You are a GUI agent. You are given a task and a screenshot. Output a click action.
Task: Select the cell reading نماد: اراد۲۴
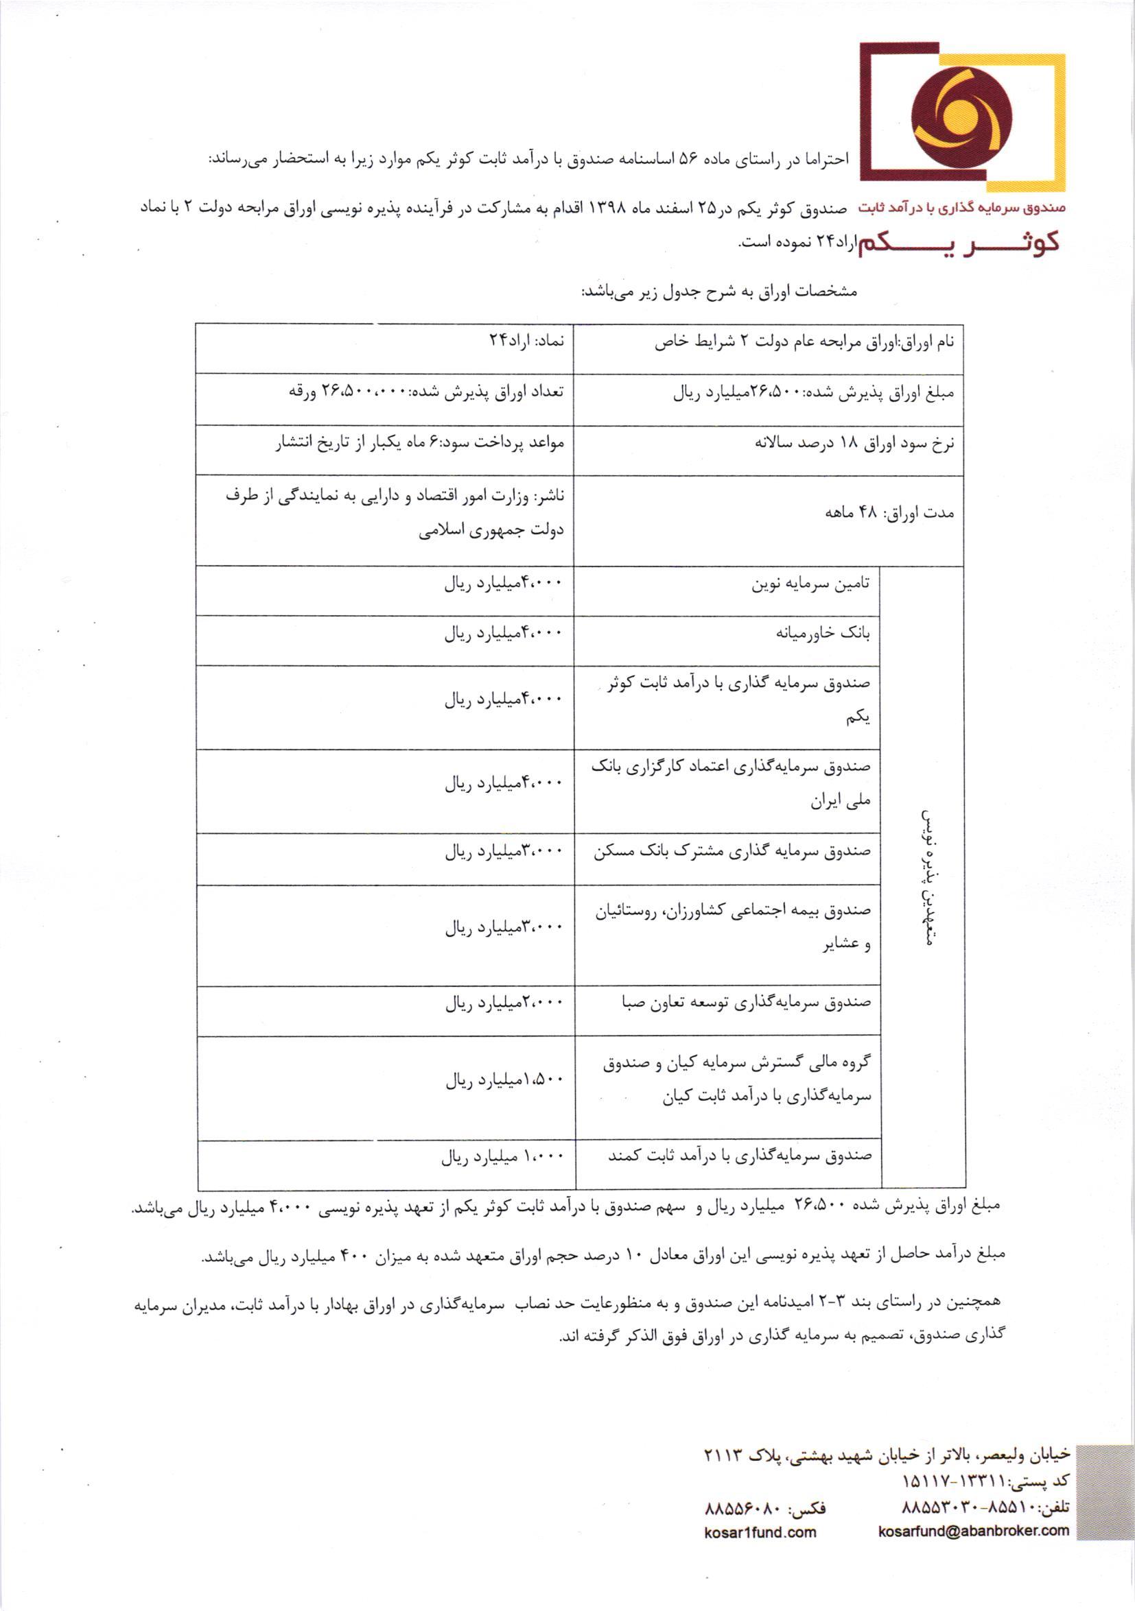click(x=526, y=341)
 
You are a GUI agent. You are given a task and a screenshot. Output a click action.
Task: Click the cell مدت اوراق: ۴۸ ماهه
click(x=889, y=513)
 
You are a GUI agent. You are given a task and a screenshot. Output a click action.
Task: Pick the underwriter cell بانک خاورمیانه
click(x=823, y=634)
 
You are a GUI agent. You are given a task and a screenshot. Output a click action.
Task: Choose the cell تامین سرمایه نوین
click(x=810, y=584)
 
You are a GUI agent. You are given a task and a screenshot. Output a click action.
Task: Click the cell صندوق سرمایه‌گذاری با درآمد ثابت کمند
click(x=740, y=1155)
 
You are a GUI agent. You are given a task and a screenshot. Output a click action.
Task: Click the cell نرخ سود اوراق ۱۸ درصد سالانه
click(x=854, y=444)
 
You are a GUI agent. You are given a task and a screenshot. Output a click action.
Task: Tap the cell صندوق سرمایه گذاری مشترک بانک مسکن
click(x=732, y=852)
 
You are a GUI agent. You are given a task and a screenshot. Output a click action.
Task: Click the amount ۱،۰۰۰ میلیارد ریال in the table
click(x=502, y=1156)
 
